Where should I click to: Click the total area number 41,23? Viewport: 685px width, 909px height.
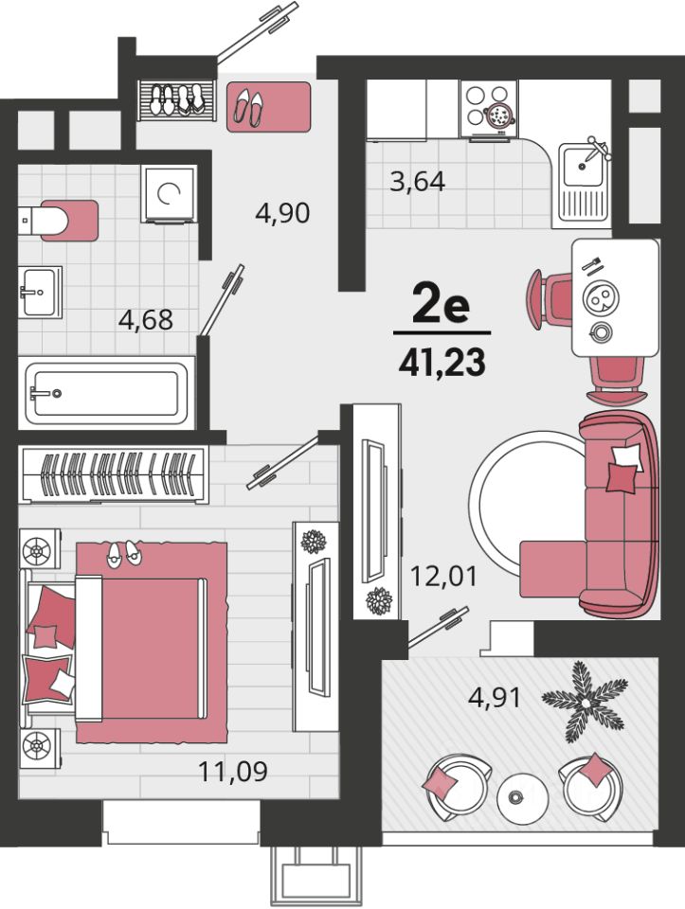coord(442,363)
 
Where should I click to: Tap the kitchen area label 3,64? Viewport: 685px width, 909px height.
coord(418,182)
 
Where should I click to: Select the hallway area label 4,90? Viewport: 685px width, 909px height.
coord(282,213)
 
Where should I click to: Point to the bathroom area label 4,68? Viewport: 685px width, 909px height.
coord(146,319)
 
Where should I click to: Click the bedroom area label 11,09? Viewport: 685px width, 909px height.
coord(233,771)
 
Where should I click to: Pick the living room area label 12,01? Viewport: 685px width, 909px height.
coord(443,576)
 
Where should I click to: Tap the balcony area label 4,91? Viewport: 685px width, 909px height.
coord(495,698)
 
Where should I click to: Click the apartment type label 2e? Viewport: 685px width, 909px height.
coord(441,306)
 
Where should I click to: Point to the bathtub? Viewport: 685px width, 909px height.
coord(106,394)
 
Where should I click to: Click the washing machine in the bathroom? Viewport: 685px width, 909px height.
coord(169,193)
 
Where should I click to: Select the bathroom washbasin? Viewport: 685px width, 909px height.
coord(40,292)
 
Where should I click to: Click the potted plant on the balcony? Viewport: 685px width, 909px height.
coord(585,702)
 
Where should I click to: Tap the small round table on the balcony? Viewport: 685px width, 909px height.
coord(522,798)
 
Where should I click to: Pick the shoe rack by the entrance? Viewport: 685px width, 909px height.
coord(177,100)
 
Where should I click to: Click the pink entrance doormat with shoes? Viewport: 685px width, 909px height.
coord(268,107)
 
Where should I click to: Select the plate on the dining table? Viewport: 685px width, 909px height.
coord(601,298)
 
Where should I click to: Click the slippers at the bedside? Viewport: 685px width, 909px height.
coord(123,553)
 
